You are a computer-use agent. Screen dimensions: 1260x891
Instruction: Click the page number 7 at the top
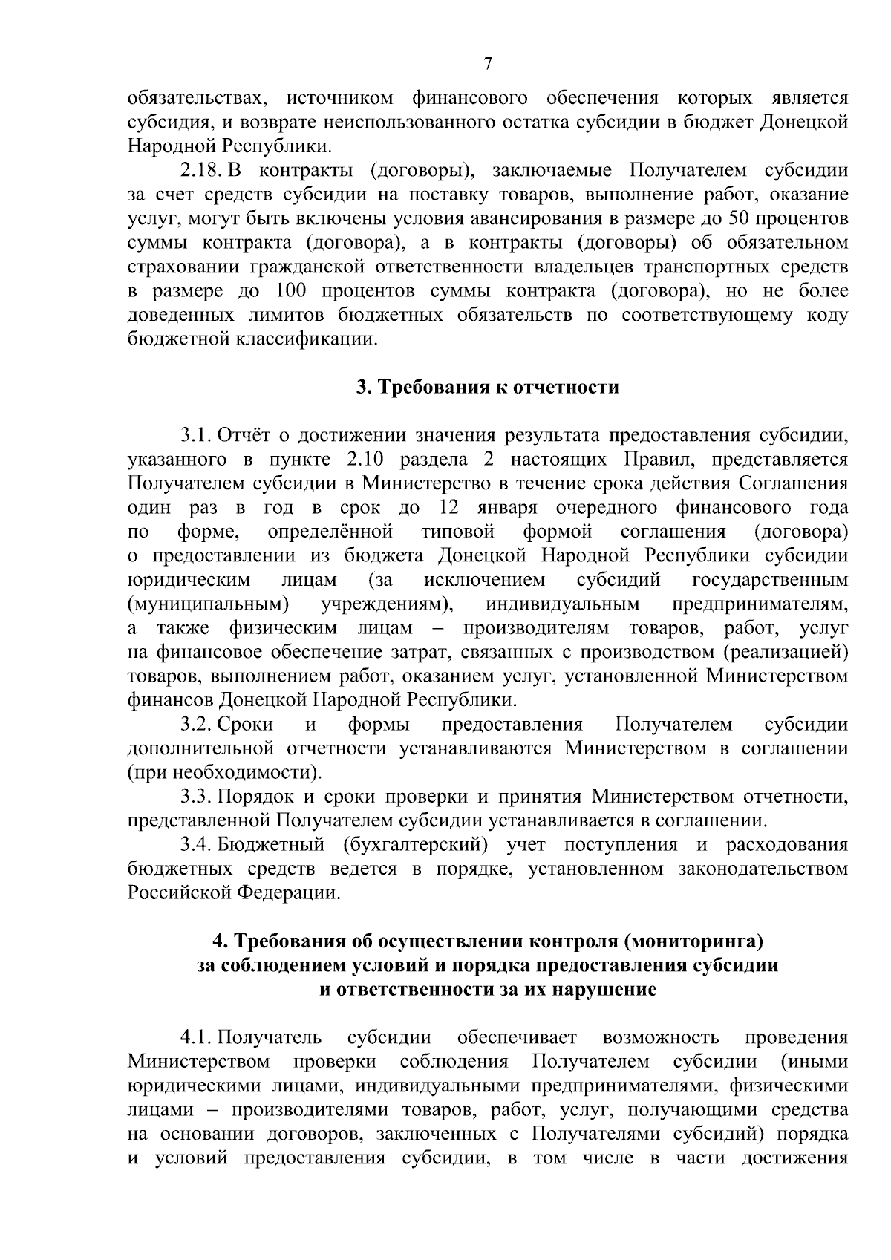pyautogui.click(x=488, y=64)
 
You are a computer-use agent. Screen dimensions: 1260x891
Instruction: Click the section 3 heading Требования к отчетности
pyautogui.click(x=486, y=388)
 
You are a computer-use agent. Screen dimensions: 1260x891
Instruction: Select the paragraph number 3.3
pyautogui.click(x=197, y=797)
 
